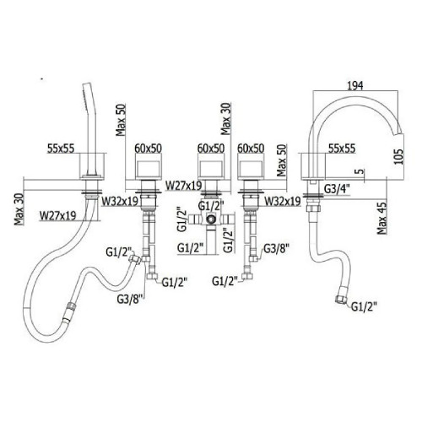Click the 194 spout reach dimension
tap(355, 85)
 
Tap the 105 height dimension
tap(398, 156)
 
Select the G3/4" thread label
tap(337, 189)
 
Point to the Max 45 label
tap(382, 217)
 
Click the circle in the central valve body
tap(210, 219)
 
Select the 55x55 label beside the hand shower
tap(61, 149)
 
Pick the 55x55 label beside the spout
tap(342, 149)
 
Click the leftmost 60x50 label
tap(148, 149)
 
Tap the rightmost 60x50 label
tap(251, 149)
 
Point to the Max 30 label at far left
tap(19, 208)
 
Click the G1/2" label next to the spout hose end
tap(364, 306)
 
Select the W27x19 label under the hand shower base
tap(58, 216)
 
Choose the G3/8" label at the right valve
tap(276, 248)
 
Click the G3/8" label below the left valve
tap(130, 299)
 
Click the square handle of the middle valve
tap(210, 169)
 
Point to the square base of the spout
tap(312, 166)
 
